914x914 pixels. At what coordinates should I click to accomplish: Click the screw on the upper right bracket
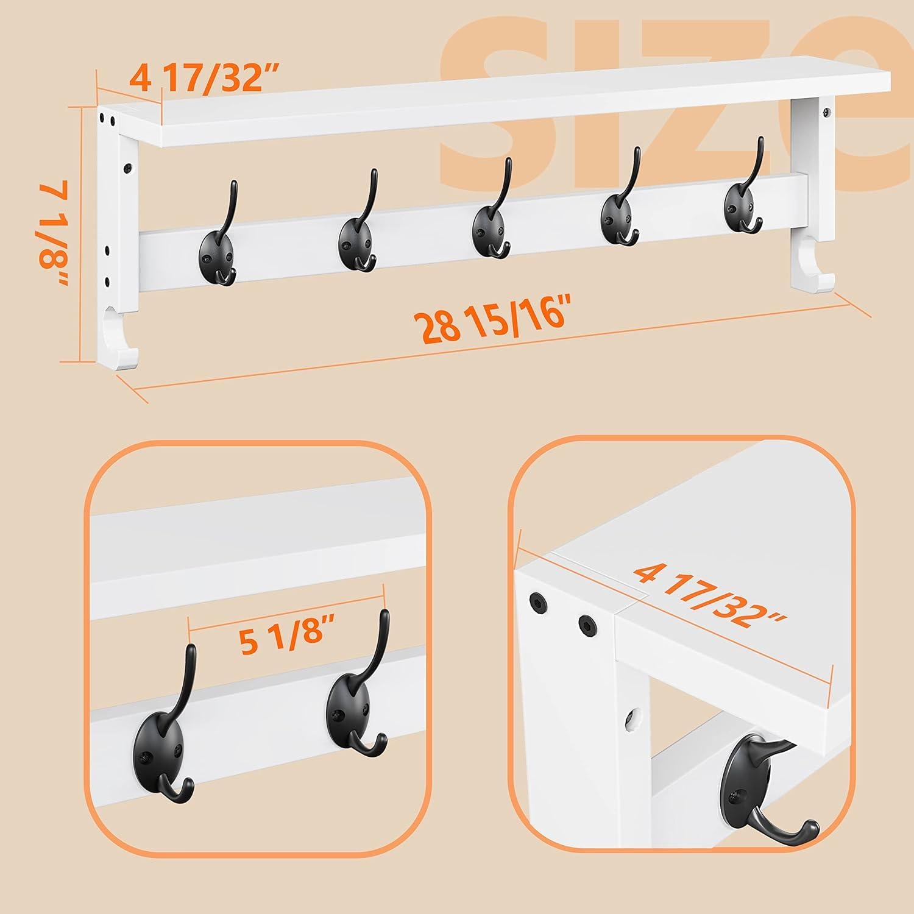(x=827, y=112)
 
